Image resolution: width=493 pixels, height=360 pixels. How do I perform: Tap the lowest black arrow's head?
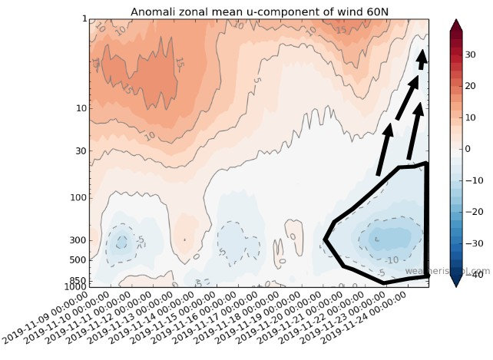pyautogui.click(x=387, y=130)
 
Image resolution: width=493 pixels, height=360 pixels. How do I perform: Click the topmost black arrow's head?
pyautogui.click(x=422, y=56)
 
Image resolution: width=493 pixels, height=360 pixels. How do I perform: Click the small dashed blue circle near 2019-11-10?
pyautogui.click(x=120, y=243)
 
